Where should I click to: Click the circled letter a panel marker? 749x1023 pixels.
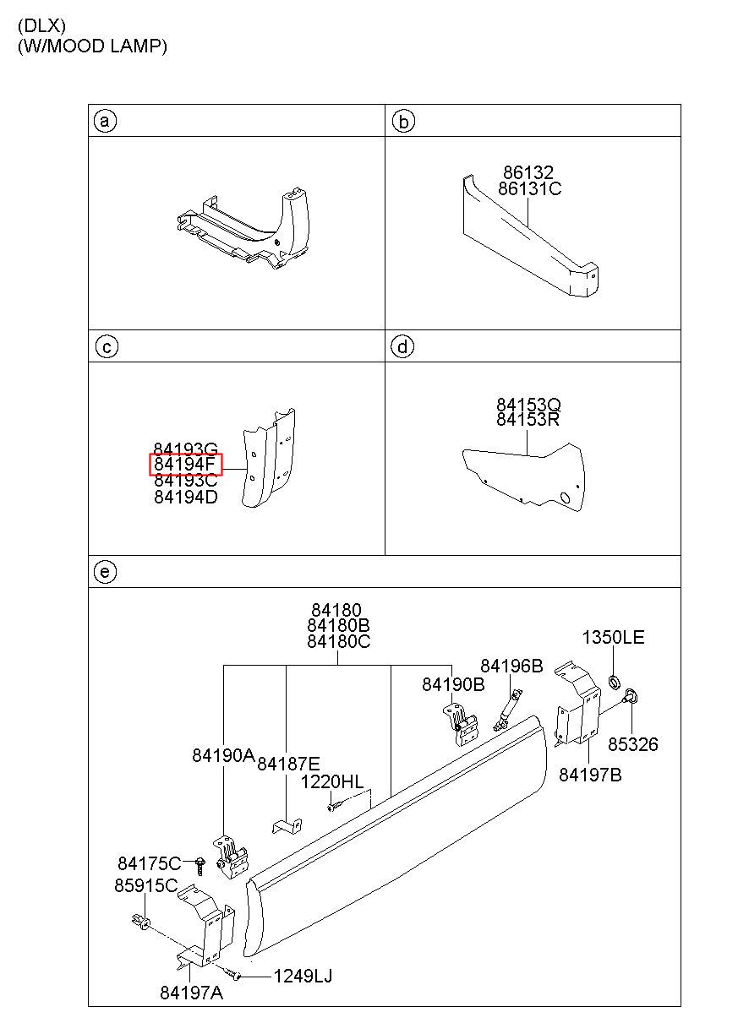coord(104,122)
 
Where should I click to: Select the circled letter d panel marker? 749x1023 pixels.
coord(403,346)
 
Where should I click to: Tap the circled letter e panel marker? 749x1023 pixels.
coord(104,572)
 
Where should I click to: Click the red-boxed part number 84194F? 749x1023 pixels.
coord(185,465)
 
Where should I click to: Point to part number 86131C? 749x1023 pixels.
coord(529,189)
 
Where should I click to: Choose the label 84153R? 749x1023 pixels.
coord(527,420)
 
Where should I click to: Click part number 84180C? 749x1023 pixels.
coord(338,641)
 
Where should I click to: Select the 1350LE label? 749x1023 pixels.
coord(613,637)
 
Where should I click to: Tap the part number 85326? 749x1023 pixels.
coord(632,744)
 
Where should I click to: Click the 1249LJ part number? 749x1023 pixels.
coord(302,977)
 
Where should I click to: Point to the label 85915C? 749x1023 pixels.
coord(145,885)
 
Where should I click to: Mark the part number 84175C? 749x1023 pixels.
coord(150,862)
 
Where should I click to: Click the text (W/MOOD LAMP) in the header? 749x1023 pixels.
coord(92,46)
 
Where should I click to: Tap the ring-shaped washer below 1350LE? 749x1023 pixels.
coord(615,680)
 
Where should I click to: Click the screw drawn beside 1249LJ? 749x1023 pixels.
coord(237,977)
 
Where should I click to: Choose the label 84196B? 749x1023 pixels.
coord(511,666)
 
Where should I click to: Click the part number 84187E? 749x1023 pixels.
coord(288,763)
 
